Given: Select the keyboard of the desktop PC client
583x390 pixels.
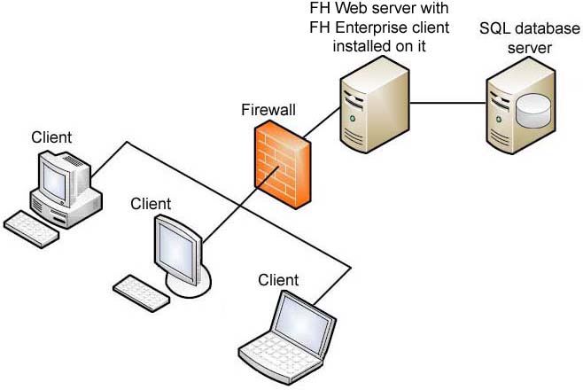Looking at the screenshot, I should (31, 225).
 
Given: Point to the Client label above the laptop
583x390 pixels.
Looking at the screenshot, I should (278, 280).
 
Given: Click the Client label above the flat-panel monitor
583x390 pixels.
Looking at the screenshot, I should (151, 204).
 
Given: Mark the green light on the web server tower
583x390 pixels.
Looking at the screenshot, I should (354, 118).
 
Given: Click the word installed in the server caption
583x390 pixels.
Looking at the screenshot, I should (358, 45).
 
